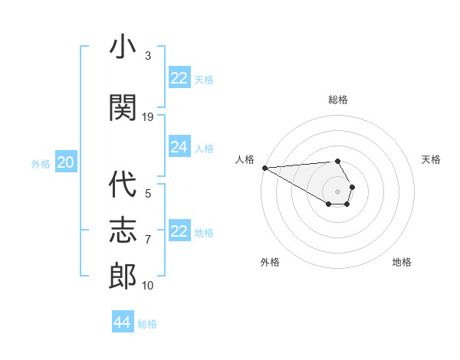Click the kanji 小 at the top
pyautogui.click(x=123, y=47)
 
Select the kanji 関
pyautogui.click(x=123, y=108)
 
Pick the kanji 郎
pyautogui.click(x=123, y=276)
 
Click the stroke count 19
pyautogui.click(x=148, y=117)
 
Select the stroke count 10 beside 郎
pyautogui.click(x=148, y=286)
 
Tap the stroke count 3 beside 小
pyautogui.click(x=148, y=56)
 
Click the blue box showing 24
pyautogui.click(x=179, y=147)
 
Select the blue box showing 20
pyautogui.click(x=66, y=162)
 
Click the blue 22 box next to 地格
pyautogui.click(x=179, y=231)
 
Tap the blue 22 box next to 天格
pyautogui.click(x=179, y=78)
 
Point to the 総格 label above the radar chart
pyautogui.click(x=338, y=100)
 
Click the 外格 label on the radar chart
pyautogui.click(x=270, y=262)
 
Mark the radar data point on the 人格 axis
pyautogui.click(x=264, y=168)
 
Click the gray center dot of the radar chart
pyautogui.click(x=337, y=191)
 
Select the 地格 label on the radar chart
pyautogui.click(x=402, y=262)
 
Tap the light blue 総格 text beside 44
pyautogui.click(x=147, y=324)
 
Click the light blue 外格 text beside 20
pyautogui.click(x=41, y=163)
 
